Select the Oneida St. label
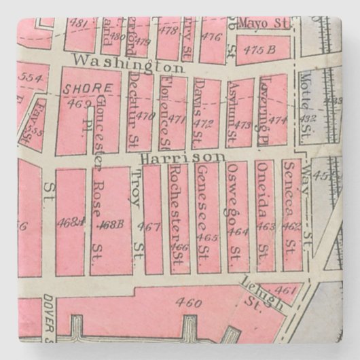point(267,196)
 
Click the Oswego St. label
point(236,204)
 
